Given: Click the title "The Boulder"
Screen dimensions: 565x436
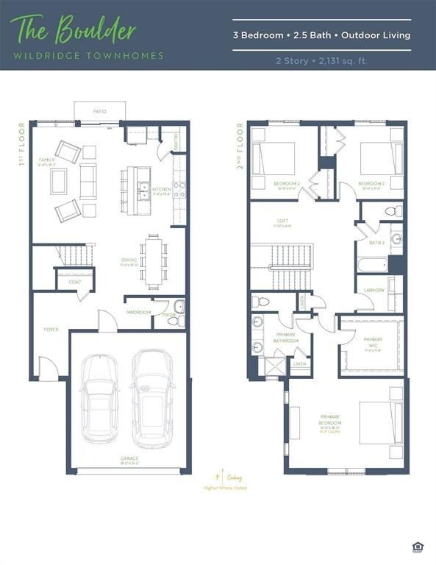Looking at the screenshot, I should (74, 30).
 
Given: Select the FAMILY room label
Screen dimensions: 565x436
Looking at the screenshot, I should (46, 160).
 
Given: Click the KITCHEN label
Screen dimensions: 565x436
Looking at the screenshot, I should (162, 189).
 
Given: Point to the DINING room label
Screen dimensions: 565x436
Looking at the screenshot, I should (130, 260).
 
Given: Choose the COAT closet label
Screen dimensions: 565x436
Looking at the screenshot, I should (74, 282).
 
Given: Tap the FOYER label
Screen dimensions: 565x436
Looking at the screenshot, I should (51, 329).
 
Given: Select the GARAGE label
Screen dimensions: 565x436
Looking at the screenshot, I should (129, 459).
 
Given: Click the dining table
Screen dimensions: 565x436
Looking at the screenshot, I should (154, 260).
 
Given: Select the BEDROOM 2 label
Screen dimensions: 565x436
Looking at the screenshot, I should (286, 183).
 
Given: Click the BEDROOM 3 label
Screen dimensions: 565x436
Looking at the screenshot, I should (371, 183).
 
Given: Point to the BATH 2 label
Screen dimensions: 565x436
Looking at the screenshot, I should (377, 243).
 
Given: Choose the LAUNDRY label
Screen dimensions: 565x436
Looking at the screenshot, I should (374, 290).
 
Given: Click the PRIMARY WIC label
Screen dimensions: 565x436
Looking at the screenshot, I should (373, 341).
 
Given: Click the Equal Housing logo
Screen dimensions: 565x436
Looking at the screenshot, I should (420, 546).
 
